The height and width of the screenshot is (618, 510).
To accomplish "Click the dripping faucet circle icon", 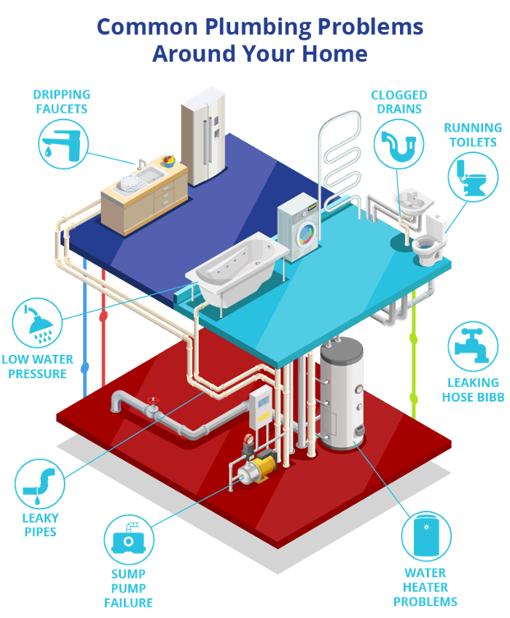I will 63,144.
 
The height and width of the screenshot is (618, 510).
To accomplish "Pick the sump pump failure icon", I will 129,539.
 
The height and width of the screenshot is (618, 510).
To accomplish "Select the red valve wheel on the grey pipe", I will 153,401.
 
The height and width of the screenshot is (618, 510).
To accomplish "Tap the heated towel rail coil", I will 341,157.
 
